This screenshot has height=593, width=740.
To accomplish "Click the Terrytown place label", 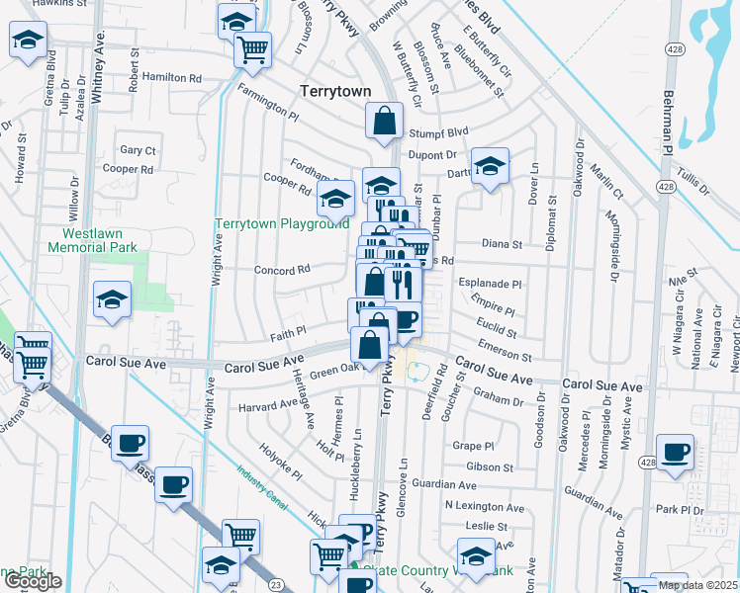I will (x=335, y=91).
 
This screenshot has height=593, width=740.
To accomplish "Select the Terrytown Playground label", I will (x=283, y=224).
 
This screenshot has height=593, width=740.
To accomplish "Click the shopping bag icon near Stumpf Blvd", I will (x=384, y=123).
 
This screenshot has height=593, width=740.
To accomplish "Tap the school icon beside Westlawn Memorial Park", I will (x=112, y=299).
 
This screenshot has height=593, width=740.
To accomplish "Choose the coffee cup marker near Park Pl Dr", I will (x=676, y=453).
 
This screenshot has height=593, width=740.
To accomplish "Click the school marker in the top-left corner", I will (x=28, y=42).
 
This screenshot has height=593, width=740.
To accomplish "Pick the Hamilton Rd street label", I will (x=171, y=76).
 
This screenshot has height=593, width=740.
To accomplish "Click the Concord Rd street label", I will (x=283, y=269).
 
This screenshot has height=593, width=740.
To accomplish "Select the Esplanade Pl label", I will (x=489, y=284).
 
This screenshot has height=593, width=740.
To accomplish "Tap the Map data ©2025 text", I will (x=697, y=585).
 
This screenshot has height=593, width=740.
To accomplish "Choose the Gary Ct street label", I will (x=138, y=150).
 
